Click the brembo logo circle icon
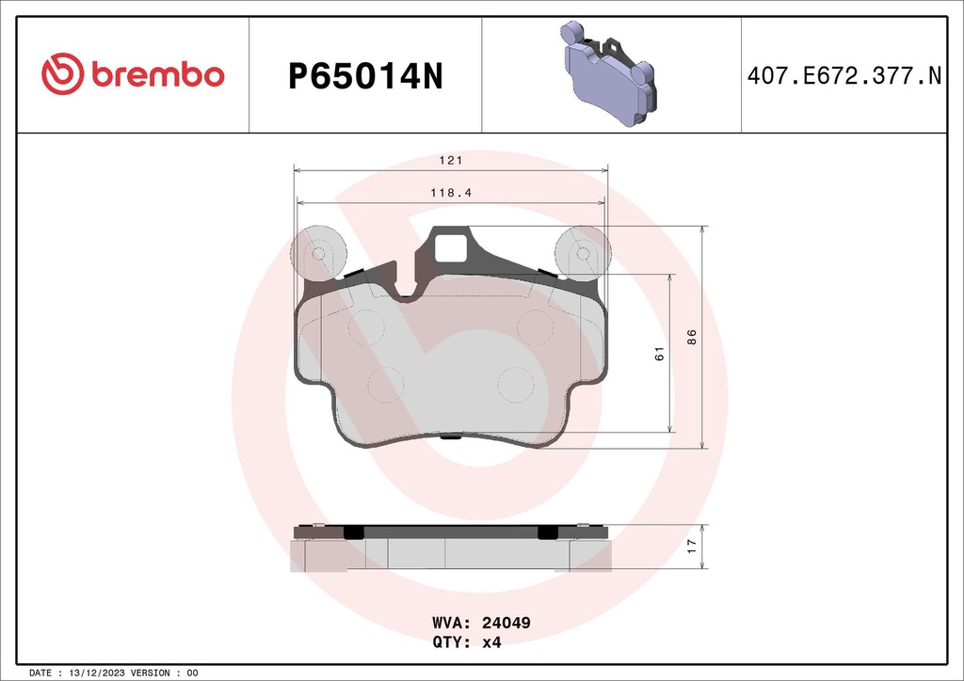pyautogui.click(x=62, y=75)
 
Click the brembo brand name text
pyautogui.click(x=157, y=75)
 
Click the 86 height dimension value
pyautogui.click(x=691, y=337)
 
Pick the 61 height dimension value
pyautogui.click(x=659, y=354)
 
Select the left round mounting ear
pyautogui.click(x=318, y=253)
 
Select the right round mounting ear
pyautogui.click(x=583, y=253)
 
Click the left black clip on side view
pyautogui.click(x=354, y=532)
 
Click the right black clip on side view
pyautogui.click(x=547, y=532)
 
